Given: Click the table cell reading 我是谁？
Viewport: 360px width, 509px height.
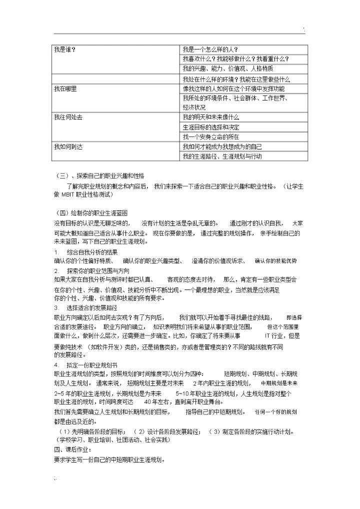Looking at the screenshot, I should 64,49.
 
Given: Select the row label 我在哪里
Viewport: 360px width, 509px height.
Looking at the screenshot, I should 65,88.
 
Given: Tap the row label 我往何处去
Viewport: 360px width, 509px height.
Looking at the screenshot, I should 68,117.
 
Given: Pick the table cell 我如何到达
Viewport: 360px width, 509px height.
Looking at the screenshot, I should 68,146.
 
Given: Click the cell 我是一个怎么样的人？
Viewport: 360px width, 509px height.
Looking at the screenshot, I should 209,49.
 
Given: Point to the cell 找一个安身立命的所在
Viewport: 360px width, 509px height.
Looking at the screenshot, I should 211,136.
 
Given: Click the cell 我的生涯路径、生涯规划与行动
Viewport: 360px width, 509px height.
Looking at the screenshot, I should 222,156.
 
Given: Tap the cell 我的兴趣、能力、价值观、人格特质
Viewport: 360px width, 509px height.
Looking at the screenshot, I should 220,68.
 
